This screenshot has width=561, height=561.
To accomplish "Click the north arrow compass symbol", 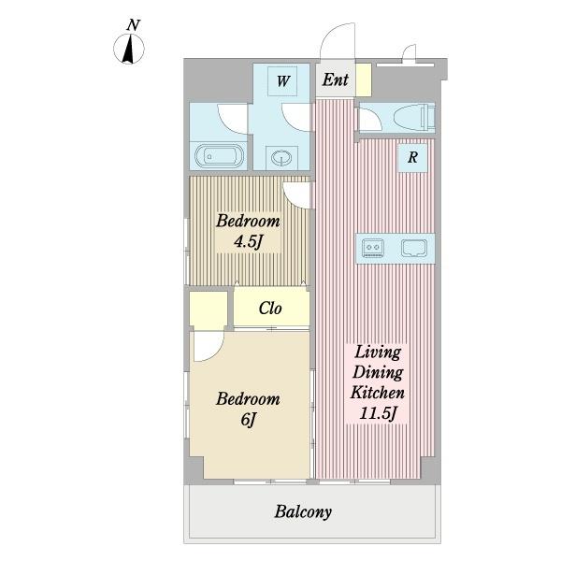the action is (129, 49).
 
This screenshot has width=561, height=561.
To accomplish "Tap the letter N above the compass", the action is (133, 25).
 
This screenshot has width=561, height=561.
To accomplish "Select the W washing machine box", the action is (282, 80).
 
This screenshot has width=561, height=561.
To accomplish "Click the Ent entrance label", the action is (336, 79).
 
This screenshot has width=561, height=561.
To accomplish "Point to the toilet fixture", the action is (414, 117).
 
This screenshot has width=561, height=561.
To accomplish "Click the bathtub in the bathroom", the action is (219, 156).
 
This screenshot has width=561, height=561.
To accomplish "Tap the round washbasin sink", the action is (281, 157).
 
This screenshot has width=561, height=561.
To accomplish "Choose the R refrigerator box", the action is (412, 157).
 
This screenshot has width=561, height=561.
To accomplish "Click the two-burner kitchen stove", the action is (373, 248).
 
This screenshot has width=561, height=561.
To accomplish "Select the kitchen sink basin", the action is (414, 248).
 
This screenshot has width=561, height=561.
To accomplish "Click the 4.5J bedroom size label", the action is (249, 242).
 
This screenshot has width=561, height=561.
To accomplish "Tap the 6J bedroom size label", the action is (249, 419).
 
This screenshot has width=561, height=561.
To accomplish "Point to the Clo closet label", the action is (270, 308).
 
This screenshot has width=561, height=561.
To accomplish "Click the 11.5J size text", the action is (378, 413).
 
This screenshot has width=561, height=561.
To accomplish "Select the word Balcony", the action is (303, 512).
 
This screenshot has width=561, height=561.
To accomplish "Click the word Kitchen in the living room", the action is (378, 393).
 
